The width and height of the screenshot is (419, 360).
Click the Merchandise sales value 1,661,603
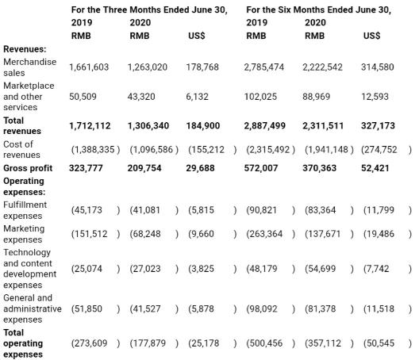click(89, 67)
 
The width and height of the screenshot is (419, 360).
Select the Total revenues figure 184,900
click(203, 125)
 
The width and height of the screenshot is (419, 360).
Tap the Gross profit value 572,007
click(261, 168)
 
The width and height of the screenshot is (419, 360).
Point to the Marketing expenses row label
click(24, 234)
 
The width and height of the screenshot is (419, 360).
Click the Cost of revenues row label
click(21, 150)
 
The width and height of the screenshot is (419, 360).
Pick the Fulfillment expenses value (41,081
click(145, 210)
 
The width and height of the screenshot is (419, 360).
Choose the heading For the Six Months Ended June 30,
click(318, 10)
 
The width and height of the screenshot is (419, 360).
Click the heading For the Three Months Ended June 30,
click(149, 10)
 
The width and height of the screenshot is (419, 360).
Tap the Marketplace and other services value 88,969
click(317, 97)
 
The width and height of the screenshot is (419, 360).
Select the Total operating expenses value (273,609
click(89, 343)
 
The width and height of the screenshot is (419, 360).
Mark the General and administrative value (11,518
click(379, 308)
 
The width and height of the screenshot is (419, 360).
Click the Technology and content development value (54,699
click(320, 269)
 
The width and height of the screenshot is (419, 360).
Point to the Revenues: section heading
click(25, 49)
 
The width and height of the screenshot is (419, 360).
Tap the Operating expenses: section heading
click(25, 186)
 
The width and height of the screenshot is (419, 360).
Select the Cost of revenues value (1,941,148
click(326, 150)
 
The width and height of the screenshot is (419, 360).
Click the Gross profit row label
click(28, 168)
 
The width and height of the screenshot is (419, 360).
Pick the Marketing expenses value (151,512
click(89, 234)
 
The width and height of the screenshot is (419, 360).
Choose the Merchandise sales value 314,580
click(378, 67)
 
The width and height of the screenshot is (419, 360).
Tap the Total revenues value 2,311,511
click(323, 125)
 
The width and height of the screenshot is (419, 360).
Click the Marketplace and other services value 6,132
click(198, 97)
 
